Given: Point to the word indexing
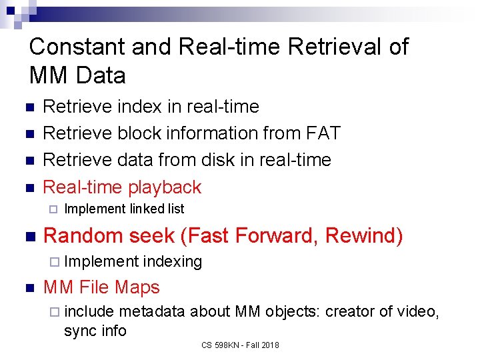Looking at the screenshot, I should click(172, 261).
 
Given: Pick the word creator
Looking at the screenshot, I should click(350, 311).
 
